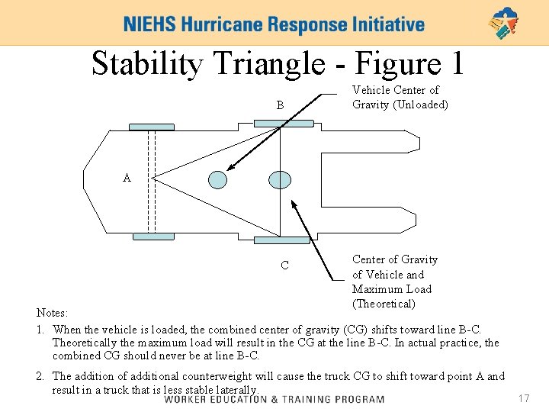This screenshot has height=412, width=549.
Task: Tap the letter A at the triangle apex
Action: (127, 178)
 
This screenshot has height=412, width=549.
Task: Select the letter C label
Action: (284, 266)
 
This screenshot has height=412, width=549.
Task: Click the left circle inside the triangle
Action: (218, 179)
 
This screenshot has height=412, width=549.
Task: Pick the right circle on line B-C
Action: (280, 179)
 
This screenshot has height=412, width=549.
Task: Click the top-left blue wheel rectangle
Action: (151, 127)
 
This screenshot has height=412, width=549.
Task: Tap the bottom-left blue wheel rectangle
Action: (153, 237)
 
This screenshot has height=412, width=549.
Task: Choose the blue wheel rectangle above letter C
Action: (282, 240)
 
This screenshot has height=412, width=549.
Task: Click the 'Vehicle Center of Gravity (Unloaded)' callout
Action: (400, 97)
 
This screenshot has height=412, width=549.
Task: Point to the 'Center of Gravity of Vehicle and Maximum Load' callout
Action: (395, 282)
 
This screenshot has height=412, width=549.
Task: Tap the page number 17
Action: (523, 398)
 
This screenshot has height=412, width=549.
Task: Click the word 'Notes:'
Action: (53, 313)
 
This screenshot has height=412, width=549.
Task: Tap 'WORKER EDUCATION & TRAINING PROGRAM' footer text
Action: (274, 399)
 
